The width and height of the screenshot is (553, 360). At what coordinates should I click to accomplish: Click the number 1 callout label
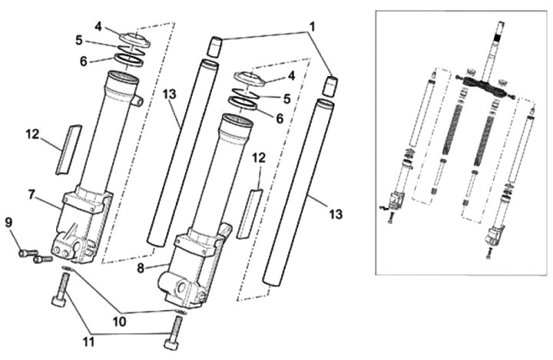(312, 26)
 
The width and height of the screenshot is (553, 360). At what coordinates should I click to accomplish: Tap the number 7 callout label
(31, 194)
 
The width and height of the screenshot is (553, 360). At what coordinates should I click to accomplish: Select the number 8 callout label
(141, 269)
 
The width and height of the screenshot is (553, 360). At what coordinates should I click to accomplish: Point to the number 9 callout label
(8, 223)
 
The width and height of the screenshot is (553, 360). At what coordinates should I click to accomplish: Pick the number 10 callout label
(119, 321)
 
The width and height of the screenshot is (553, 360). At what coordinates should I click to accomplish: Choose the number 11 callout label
(88, 342)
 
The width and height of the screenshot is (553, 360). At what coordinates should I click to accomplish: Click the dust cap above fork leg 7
(134, 39)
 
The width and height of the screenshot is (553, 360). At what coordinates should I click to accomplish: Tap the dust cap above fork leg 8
(250, 79)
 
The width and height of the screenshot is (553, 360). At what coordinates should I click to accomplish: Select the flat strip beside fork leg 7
(68, 150)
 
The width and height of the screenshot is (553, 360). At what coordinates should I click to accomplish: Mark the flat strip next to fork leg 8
(250, 213)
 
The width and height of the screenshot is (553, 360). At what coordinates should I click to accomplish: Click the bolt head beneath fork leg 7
(58, 301)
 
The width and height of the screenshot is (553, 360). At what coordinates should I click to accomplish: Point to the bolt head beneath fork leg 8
(171, 345)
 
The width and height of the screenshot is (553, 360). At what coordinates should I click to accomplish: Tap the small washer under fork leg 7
(67, 269)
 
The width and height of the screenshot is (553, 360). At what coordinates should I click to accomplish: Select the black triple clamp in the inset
(485, 87)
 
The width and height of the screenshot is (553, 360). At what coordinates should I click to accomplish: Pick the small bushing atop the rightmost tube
(330, 87)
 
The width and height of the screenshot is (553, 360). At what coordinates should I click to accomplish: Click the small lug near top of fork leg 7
(137, 101)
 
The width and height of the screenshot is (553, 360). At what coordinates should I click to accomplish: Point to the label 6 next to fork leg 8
(280, 119)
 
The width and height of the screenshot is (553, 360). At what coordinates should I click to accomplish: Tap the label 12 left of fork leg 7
(33, 134)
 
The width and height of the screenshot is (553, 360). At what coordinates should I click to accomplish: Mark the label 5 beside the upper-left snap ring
(79, 41)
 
